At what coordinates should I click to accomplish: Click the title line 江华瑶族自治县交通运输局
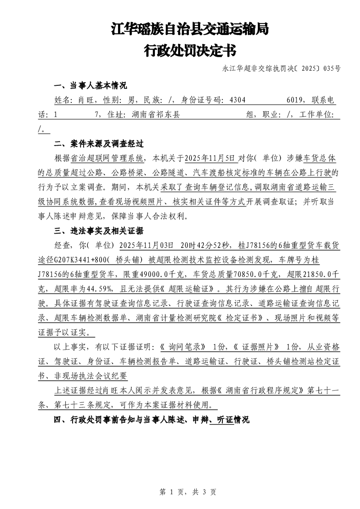190,29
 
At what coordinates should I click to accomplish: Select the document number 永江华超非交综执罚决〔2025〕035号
281,69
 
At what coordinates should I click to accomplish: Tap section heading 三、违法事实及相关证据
99,231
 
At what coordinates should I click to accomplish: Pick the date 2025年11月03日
146,245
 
